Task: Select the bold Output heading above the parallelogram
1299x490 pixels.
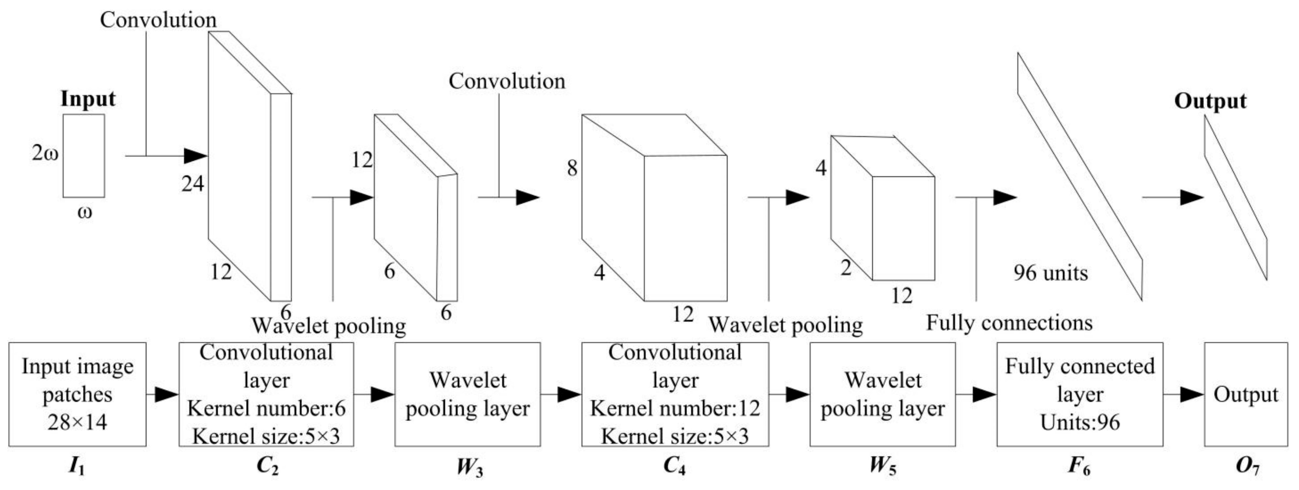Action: (1210, 101)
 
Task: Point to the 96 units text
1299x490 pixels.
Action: (1050, 273)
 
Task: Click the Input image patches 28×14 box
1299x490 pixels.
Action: (77, 394)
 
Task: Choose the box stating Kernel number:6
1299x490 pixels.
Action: (266, 394)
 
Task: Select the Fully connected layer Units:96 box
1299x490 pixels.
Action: (1080, 394)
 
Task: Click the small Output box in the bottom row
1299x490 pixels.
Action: (1245, 394)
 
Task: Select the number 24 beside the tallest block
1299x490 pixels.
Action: (193, 184)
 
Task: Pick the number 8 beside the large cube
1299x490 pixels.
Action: (572, 168)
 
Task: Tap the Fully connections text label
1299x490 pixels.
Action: (1009, 323)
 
